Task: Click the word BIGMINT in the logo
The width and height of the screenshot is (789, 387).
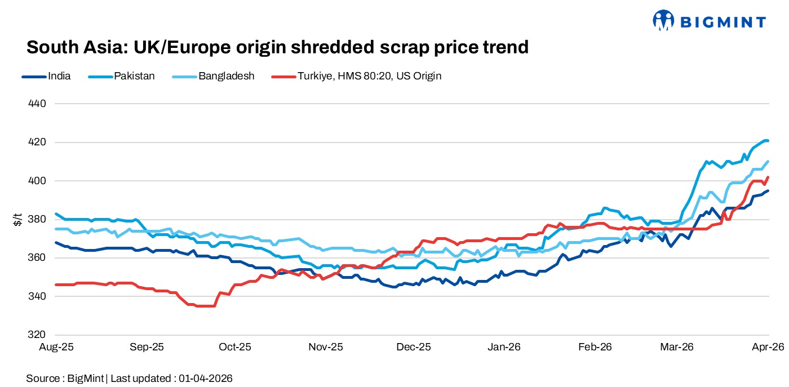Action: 723,22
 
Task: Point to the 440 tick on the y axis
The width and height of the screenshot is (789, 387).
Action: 37,104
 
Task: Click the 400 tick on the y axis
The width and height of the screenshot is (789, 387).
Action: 37,181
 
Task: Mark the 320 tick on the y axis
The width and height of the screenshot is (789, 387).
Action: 37,335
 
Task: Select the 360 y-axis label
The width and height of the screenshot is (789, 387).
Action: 37,258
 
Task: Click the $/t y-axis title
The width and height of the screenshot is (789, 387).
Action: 17,219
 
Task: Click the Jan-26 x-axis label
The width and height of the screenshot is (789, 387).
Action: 503,347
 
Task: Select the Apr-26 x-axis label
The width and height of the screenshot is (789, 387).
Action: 769,347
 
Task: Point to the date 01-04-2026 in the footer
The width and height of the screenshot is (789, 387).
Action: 206,378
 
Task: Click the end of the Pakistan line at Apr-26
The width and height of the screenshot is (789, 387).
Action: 768,141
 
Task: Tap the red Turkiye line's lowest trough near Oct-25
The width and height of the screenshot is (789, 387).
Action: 204,306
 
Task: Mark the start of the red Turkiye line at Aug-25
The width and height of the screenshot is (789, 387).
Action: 56,284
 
